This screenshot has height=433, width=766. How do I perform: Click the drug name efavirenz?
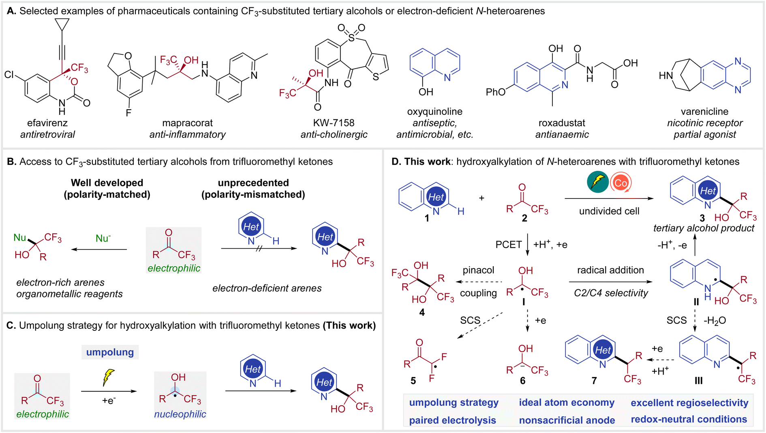pyautogui.click(x=47, y=123)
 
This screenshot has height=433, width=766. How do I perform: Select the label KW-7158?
pyautogui.click(x=334, y=123)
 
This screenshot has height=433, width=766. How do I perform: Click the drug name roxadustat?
pyautogui.click(x=562, y=123)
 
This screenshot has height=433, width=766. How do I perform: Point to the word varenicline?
pyautogui.click(x=704, y=112)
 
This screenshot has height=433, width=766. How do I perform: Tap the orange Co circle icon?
pyautogui.click(x=621, y=183)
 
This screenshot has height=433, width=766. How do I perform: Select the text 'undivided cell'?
pyautogui.click(x=609, y=211)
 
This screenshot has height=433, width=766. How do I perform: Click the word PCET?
pyautogui.click(x=508, y=245)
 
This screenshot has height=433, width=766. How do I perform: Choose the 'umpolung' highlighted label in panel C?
pyautogui.click(x=110, y=352)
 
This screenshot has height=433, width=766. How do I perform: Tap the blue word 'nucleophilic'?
pyautogui.click(x=180, y=414)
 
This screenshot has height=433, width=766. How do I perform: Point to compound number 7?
pyautogui.click(x=594, y=380)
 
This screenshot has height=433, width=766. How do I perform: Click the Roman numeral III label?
pyautogui.click(x=698, y=380)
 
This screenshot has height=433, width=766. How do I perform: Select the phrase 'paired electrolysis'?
pyautogui.click(x=452, y=420)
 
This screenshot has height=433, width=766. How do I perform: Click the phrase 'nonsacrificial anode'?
pyautogui.click(x=567, y=420)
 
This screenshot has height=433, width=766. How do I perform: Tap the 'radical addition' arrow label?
pyautogui.click(x=610, y=270)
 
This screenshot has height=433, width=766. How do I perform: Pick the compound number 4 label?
pyautogui.click(x=422, y=312)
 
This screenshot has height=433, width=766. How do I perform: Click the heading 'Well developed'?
pyautogui.click(x=107, y=183)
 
